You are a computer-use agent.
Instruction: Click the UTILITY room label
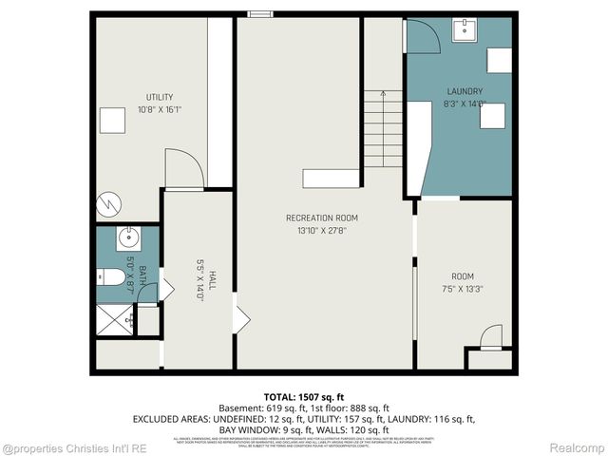[159, 97]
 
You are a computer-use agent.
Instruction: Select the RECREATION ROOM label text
[322, 218]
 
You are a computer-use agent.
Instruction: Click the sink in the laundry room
[465, 30]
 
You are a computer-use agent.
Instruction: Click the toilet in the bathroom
[110, 277]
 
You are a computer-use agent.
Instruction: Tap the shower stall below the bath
[114, 322]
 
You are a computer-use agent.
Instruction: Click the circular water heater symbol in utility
[110, 203]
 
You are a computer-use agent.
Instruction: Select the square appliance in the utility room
[115, 121]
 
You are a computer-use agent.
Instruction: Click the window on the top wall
[258, 13]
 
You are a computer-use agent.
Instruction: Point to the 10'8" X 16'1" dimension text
[159, 109]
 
